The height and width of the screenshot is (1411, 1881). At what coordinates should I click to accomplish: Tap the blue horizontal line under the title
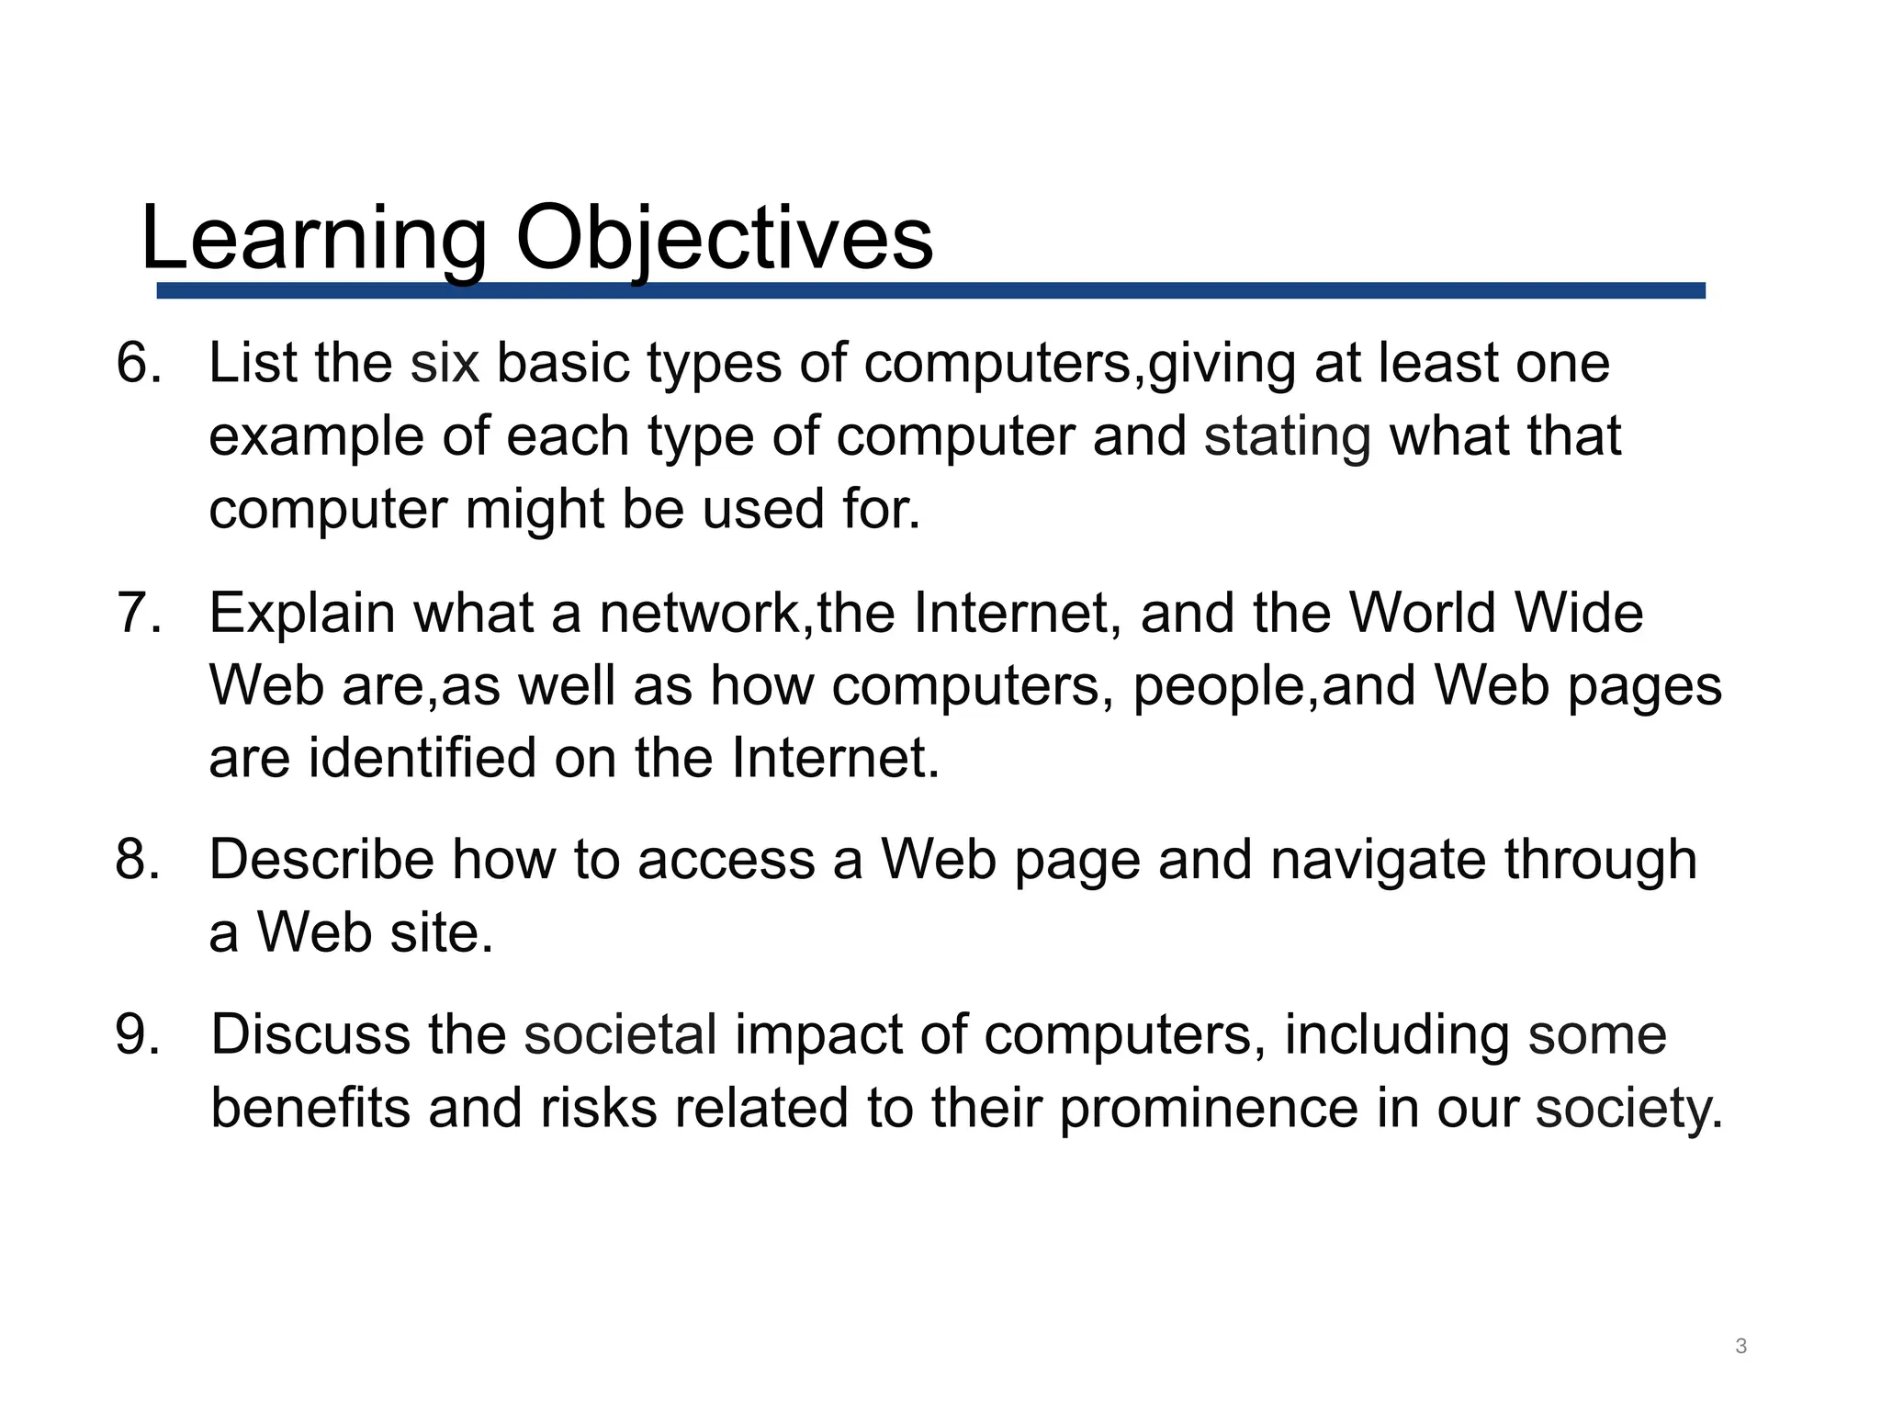[x=930, y=290]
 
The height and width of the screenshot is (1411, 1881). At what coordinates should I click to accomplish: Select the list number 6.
[x=138, y=363]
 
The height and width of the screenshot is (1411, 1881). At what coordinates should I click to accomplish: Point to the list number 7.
[x=138, y=613]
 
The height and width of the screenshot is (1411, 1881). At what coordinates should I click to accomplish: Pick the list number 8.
[x=138, y=861]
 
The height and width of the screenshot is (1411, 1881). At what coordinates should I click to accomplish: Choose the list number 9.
[x=138, y=1034]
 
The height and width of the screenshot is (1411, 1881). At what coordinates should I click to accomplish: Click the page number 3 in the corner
[x=1740, y=1347]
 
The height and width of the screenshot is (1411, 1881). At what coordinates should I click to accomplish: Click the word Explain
[x=302, y=613]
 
